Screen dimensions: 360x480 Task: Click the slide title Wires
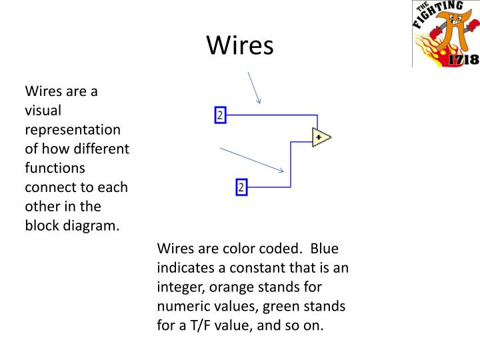240,45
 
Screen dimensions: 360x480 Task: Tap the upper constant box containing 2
221,115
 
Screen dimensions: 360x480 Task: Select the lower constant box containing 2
241,187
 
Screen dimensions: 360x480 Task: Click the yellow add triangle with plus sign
321,137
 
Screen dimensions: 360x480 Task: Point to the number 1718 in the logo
464,59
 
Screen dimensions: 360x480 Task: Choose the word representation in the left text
73,129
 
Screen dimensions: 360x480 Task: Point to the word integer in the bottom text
179,288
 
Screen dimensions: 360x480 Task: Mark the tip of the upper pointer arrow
259,104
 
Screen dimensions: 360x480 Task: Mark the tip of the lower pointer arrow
285,171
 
